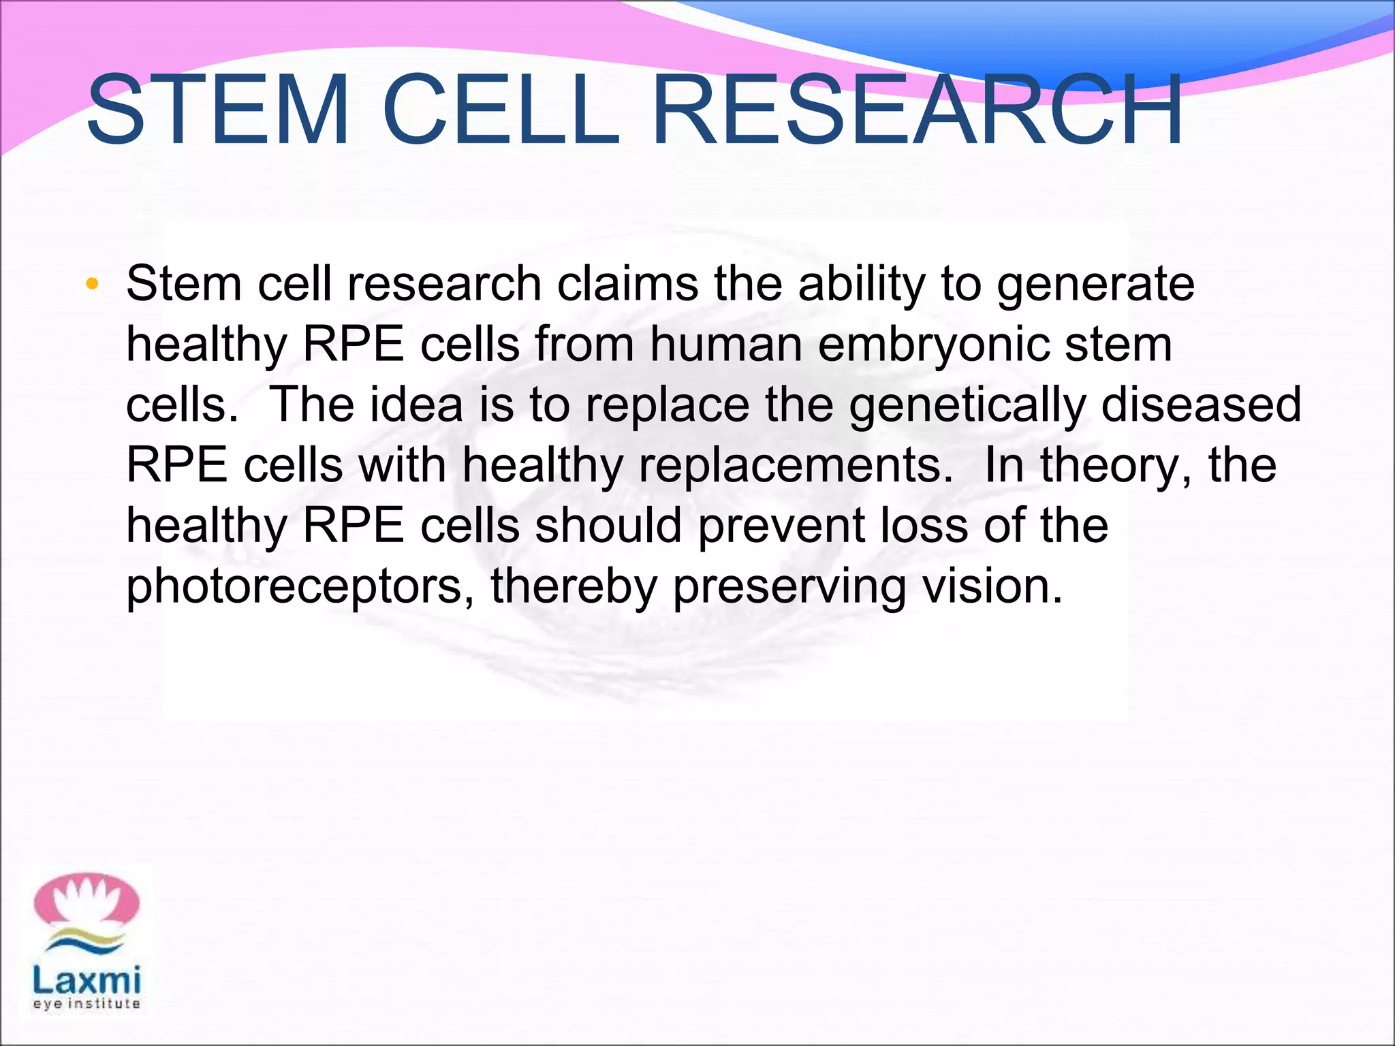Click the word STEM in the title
(x=217, y=110)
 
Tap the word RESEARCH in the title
(x=916, y=110)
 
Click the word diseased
(x=1201, y=405)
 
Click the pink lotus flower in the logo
(x=87, y=902)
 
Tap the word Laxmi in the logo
(x=87, y=980)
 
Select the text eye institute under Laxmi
(x=87, y=1004)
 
